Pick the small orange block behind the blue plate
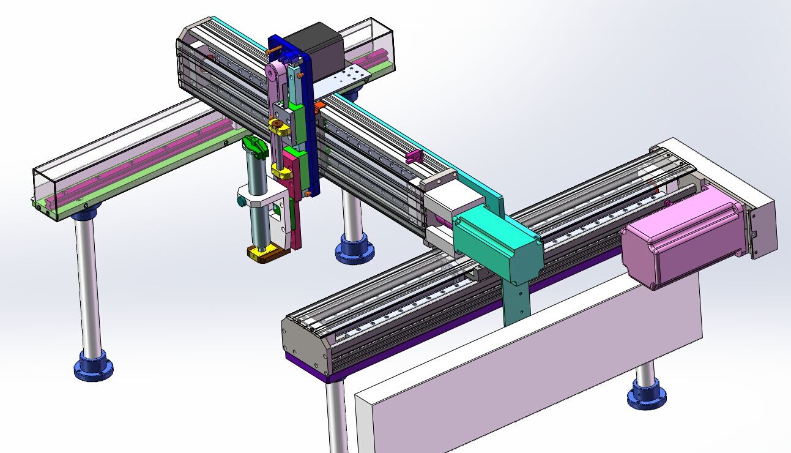pos(319,107)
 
